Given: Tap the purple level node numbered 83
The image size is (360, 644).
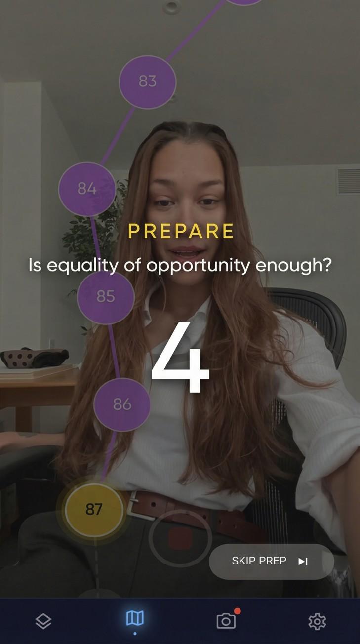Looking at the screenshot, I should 147,81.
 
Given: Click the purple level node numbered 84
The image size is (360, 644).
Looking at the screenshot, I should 87,189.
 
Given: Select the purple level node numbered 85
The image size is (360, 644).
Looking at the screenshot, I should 105,296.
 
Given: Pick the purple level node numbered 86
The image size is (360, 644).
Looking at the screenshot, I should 122,404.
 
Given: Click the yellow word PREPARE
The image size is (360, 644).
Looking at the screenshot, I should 181,231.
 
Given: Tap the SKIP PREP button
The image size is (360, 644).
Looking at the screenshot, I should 271,562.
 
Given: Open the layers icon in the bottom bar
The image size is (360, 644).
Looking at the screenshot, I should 43,621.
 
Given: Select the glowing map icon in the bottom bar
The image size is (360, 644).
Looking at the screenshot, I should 135,618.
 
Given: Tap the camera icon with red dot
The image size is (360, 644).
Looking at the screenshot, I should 226,621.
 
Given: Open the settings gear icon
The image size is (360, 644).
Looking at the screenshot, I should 317,621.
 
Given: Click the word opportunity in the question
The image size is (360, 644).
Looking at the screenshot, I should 199,266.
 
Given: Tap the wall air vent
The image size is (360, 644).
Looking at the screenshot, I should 348,181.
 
